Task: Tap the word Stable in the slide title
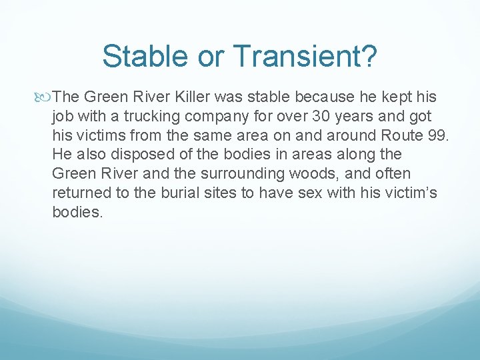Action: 142,57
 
